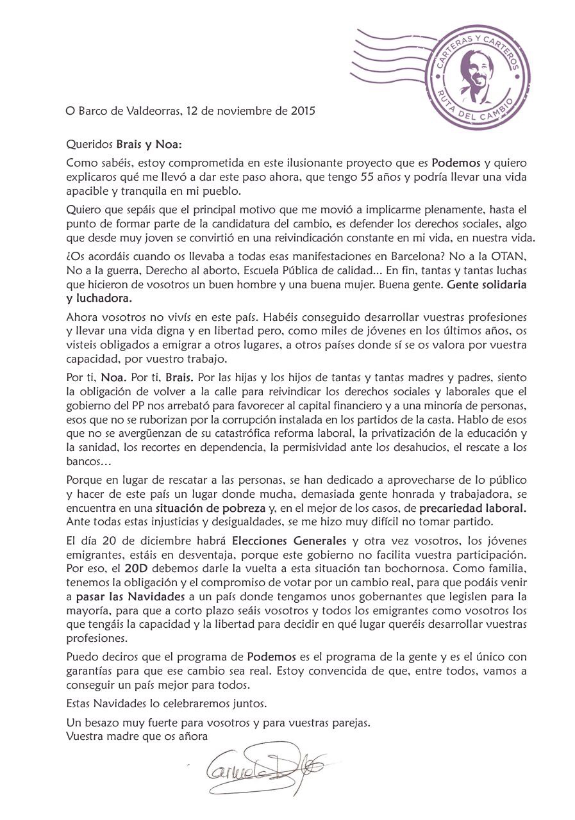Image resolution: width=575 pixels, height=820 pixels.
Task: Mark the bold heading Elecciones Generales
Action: click(289, 539)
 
